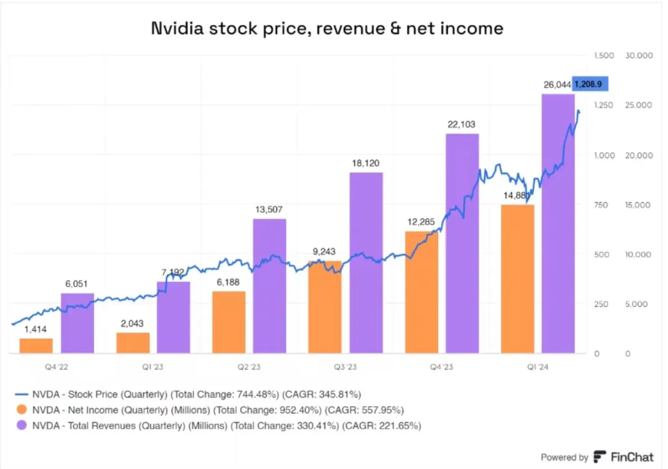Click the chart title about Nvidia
click(327, 28)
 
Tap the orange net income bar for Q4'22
click(36, 346)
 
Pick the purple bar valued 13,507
click(270, 286)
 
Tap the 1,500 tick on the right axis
click(604, 56)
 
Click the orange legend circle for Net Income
click(22, 410)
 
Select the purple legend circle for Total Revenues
click(22, 426)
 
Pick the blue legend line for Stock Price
click(22, 394)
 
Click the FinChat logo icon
click(599, 457)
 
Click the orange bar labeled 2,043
click(133, 343)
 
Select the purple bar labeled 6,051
click(77, 323)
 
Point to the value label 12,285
click(422, 221)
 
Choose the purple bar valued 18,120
click(366, 263)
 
